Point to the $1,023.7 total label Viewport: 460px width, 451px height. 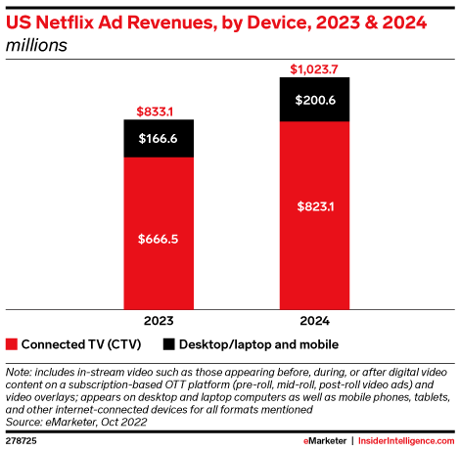(315, 68)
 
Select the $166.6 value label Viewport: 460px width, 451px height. (158, 140)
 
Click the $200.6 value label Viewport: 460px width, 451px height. (315, 99)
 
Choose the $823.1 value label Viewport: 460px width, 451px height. (315, 206)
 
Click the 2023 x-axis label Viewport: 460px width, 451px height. (158, 320)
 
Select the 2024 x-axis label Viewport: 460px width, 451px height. (315, 320)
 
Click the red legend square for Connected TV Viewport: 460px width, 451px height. (13, 344)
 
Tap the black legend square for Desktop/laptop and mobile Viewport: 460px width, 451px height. (167, 344)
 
